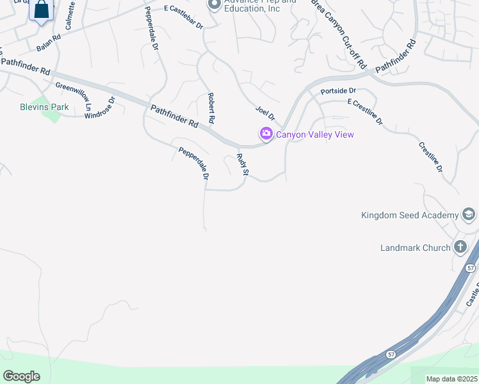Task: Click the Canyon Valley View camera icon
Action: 266,134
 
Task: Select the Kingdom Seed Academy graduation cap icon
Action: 469,215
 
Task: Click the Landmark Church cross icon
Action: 460,247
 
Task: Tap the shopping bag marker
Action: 42,10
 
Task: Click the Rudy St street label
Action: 242,165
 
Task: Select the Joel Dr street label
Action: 264,113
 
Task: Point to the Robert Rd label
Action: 210,108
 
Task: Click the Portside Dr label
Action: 338,92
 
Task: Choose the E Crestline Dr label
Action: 365,111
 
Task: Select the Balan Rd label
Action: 48,43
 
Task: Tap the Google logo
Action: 21,376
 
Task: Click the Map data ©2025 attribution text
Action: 451,379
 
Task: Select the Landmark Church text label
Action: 415,248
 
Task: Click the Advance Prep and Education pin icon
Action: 214,5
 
